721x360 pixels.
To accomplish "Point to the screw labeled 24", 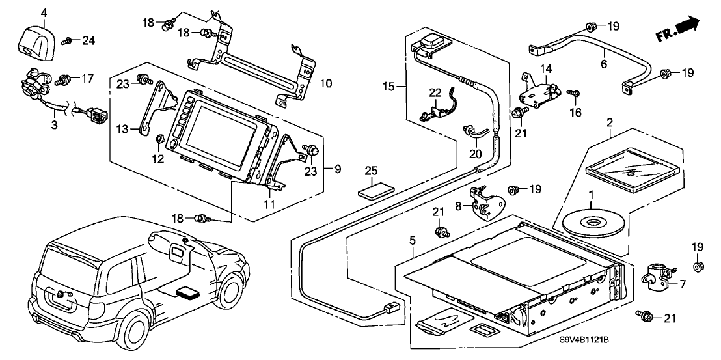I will [x=67, y=41].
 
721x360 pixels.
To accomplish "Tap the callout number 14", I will [x=545, y=68].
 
